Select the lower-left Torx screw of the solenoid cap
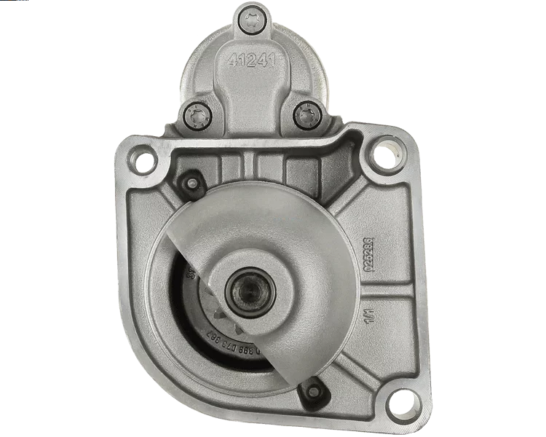[196, 114]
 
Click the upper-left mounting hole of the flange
[142, 158]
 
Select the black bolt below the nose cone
[313, 392]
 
